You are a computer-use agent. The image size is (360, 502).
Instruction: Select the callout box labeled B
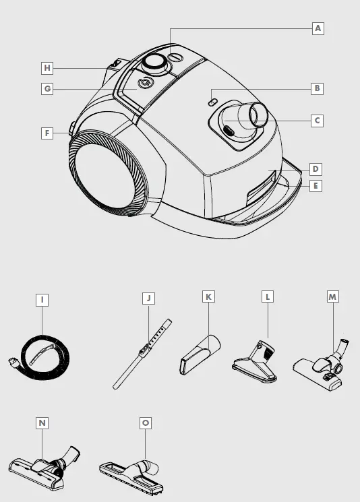[316, 88]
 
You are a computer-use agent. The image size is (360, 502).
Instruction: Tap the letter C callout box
[316, 121]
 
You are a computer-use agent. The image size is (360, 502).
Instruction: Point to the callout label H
[47, 68]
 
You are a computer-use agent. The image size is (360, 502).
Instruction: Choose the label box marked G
[47, 89]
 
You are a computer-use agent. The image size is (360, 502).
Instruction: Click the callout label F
[47, 133]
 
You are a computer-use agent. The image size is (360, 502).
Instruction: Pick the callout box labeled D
[316, 168]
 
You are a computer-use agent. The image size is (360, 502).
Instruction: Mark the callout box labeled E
[316, 185]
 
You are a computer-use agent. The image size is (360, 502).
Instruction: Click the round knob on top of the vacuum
[155, 63]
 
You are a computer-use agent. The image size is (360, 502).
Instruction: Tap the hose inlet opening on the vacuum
[258, 114]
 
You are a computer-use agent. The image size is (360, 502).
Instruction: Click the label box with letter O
[145, 422]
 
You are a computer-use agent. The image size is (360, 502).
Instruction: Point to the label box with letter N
[42, 422]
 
